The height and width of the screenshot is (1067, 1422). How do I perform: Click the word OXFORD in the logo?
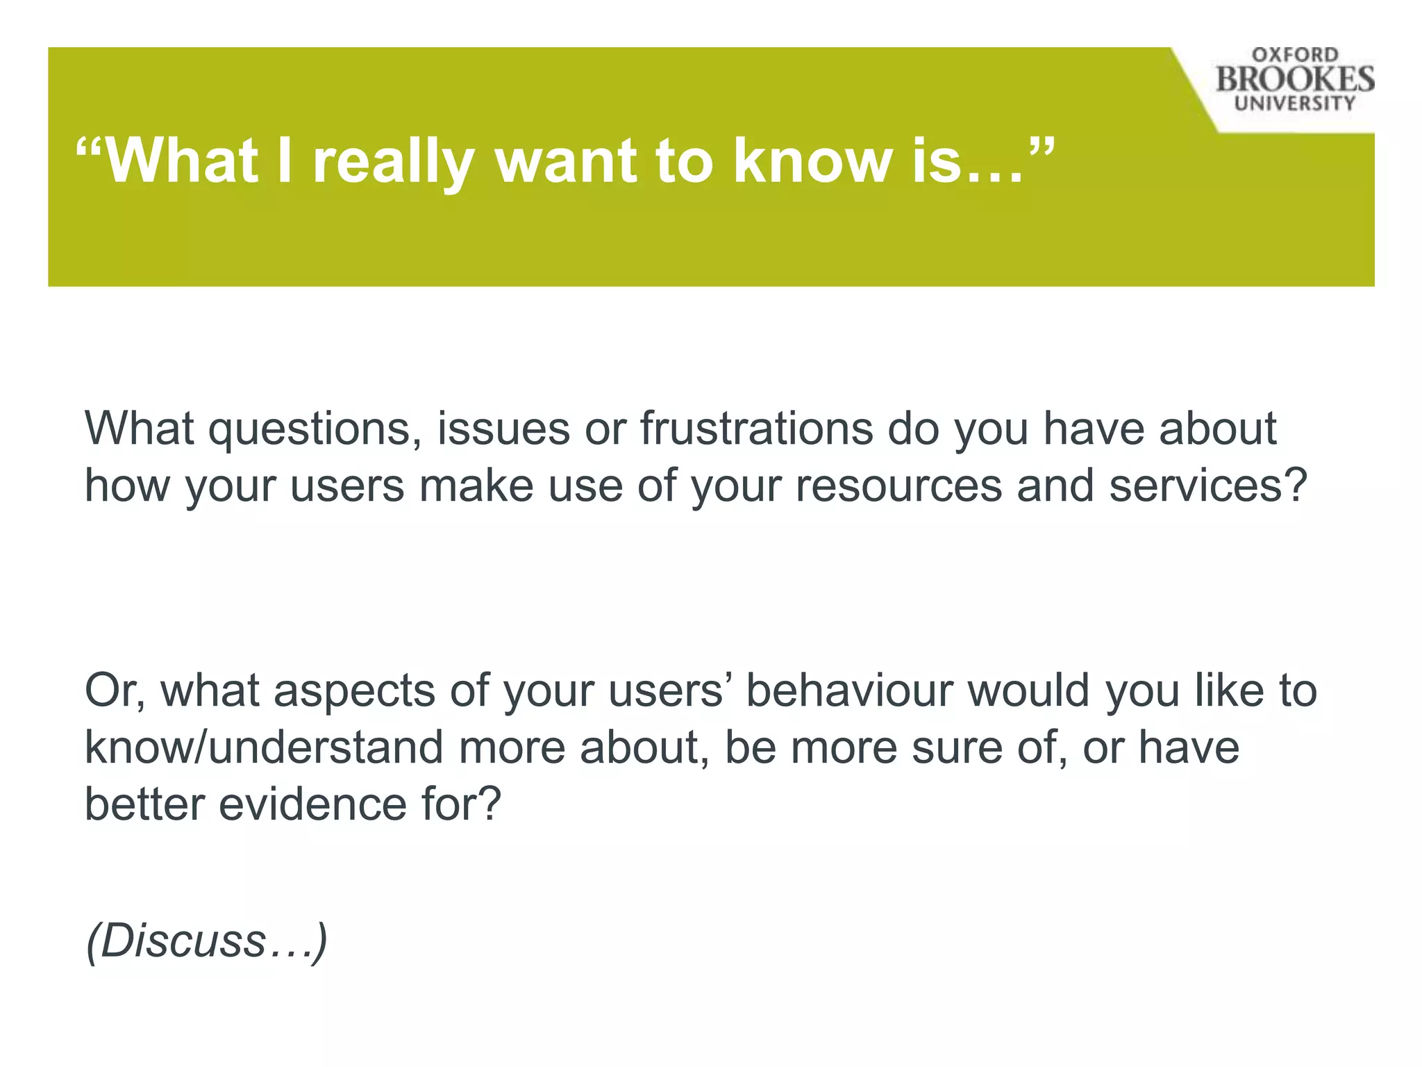pyautogui.click(x=1295, y=55)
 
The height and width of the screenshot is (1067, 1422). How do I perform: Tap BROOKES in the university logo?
pyautogui.click(x=1295, y=79)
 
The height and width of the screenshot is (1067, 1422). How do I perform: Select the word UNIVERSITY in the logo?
pyautogui.click(x=1295, y=104)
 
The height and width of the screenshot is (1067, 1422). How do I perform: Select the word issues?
pyautogui.click(x=503, y=429)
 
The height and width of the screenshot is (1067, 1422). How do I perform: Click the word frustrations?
pyautogui.click(x=756, y=428)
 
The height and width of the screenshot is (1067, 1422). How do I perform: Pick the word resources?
pyautogui.click(x=898, y=486)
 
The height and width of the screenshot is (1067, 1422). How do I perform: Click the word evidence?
pyautogui.click(x=312, y=804)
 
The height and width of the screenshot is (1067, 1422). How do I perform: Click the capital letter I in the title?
pyautogui.click(x=285, y=161)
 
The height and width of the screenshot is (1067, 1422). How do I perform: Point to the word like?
pyautogui.click(x=1229, y=690)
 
